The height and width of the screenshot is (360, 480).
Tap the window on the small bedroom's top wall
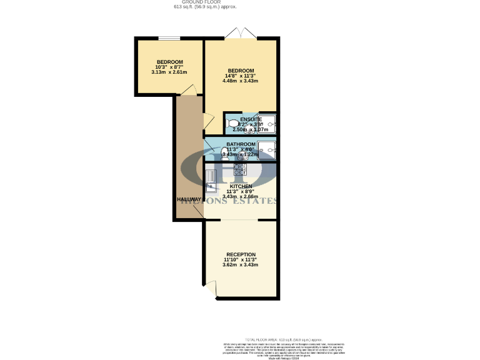(x=168, y=39)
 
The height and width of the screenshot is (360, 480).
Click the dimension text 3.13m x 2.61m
(x=169, y=72)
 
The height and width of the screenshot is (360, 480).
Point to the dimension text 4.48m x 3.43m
(x=241, y=81)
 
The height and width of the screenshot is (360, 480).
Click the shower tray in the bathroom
(x=266, y=149)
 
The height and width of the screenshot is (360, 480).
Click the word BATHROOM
(x=241, y=144)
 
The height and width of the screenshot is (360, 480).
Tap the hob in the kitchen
(x=241, y=169)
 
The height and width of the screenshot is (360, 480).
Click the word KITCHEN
(x=241, y=186)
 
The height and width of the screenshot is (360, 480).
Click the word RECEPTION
(x=241, y=254)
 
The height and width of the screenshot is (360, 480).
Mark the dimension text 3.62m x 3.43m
(x=241, y=265)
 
